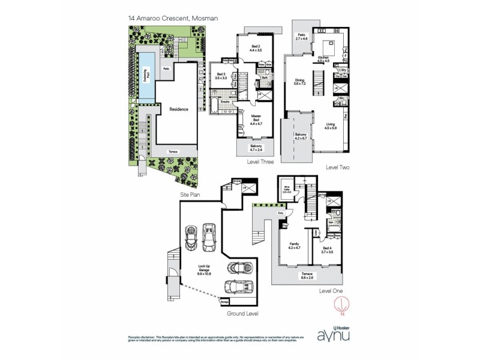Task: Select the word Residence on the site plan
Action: (x=179, y=109)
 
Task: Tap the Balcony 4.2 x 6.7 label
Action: (x=301, y=136)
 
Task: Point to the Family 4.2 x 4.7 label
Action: (x=293, y=246)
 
